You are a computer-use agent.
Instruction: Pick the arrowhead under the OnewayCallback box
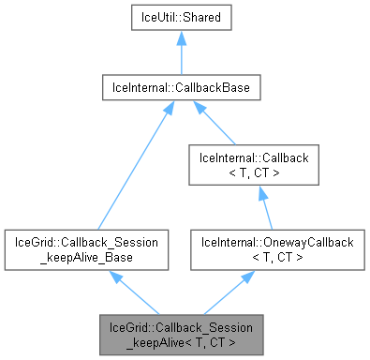pyautogui.click(x=250, y=277)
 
